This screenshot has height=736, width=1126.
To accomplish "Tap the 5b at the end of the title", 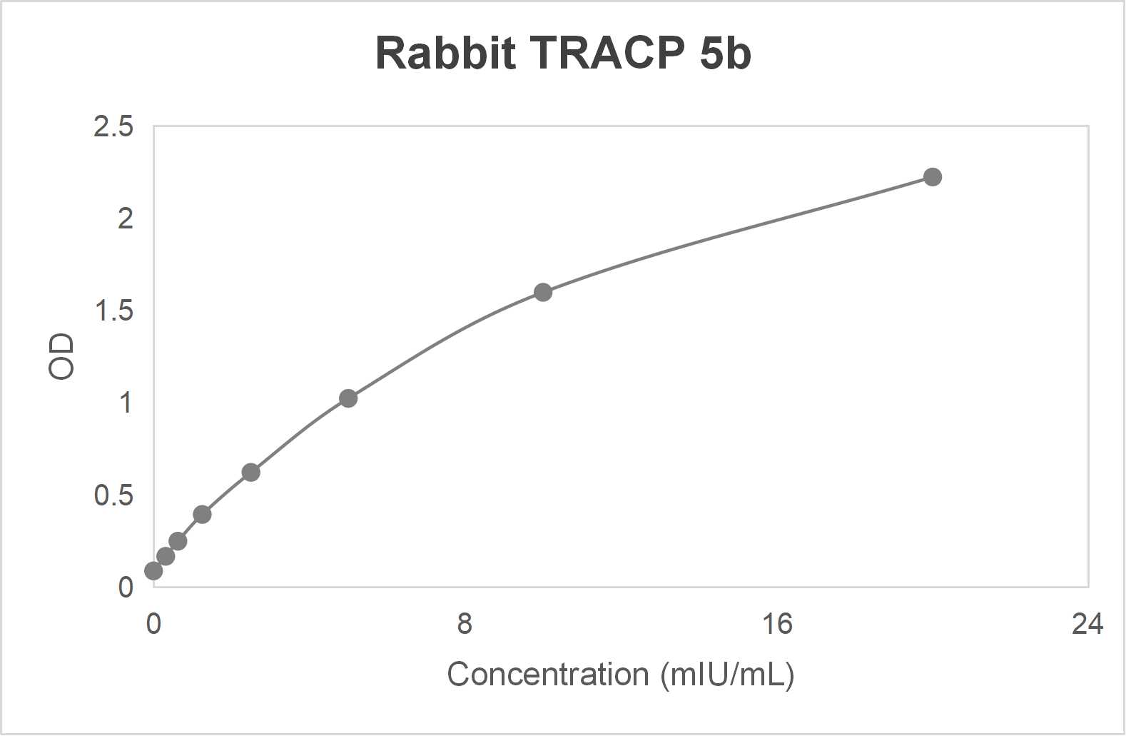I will point(725,53).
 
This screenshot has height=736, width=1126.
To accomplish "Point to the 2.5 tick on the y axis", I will point(113,127).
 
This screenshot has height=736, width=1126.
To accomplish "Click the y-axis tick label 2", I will point(126,219).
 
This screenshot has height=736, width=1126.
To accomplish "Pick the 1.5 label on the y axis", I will point(113,311).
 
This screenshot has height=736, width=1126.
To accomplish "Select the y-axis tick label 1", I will point(126,403).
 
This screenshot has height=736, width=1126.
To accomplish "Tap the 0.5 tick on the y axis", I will point(113,495).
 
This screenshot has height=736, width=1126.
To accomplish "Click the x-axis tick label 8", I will point(465,624).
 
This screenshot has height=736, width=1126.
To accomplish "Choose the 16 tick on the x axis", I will point(776,624).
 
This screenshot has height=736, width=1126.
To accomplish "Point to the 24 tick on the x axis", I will point(1087,624).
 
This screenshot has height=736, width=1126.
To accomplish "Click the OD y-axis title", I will point(62,357).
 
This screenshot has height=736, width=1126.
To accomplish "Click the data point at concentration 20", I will point(933,177).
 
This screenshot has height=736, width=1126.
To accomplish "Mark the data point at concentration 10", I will point(543,292).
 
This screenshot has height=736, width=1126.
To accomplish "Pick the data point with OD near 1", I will point(348,398).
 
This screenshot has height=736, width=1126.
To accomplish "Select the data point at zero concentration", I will point(153,570).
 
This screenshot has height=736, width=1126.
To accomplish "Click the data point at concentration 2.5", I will point(250,472).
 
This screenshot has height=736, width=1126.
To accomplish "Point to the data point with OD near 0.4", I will point(202,514).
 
